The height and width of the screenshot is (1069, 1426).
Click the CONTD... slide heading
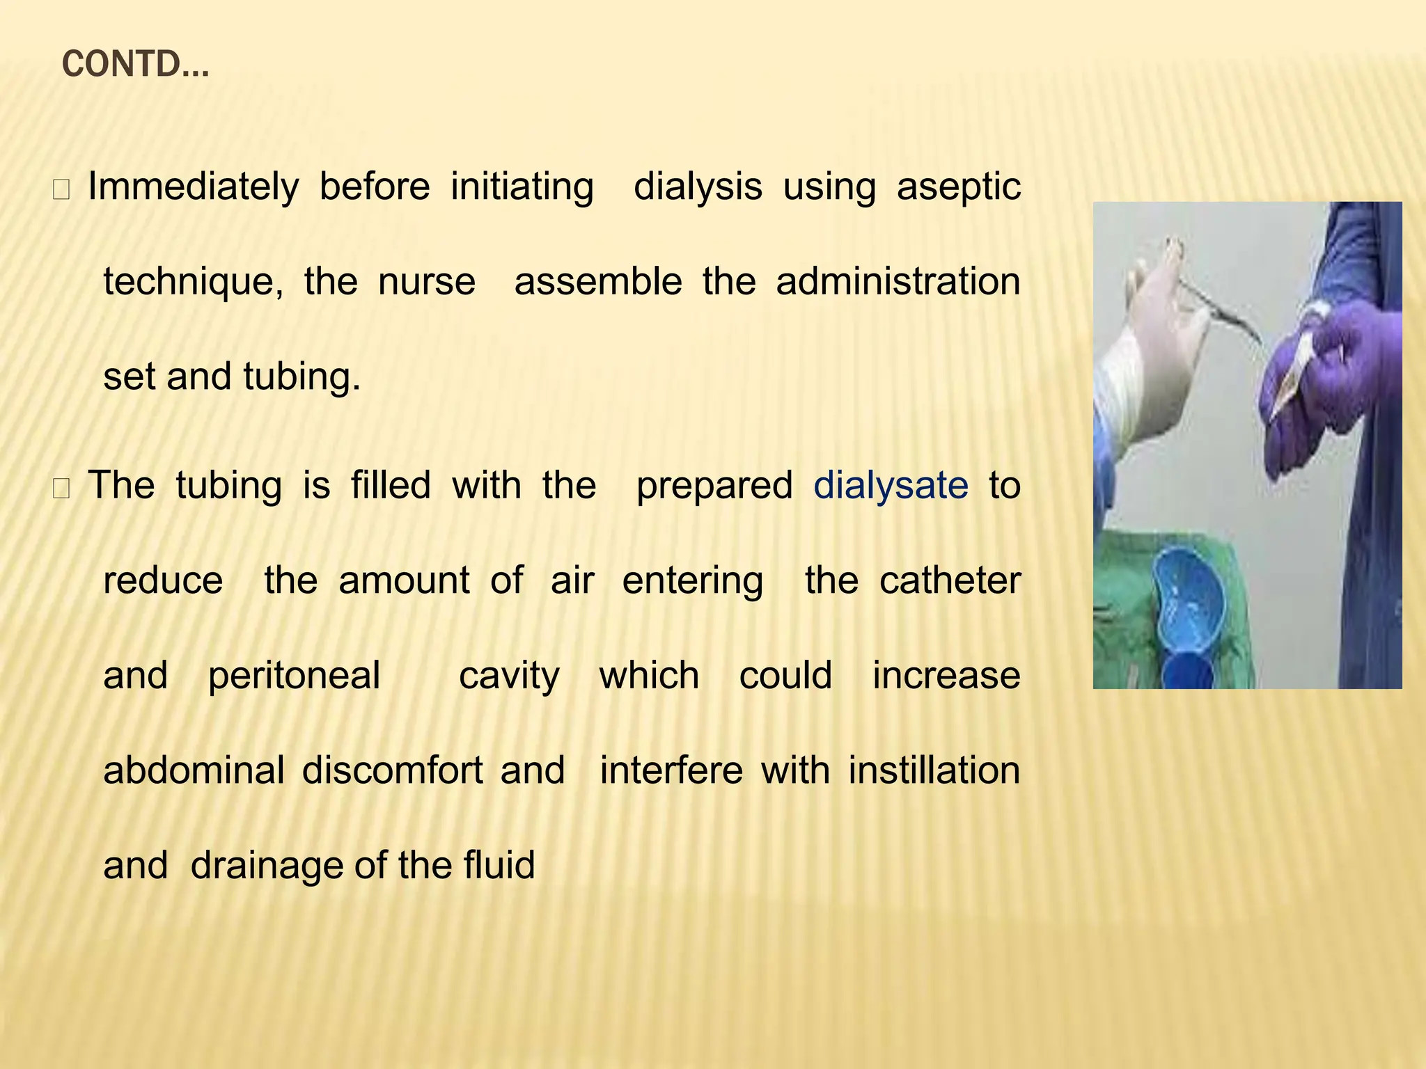click(135, 65)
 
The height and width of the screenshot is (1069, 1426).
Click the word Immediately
click(193, 187)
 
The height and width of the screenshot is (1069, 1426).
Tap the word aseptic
click(958, 187)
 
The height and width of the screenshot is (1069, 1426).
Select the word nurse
click(426, 282)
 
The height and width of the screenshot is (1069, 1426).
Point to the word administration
click(898, 282)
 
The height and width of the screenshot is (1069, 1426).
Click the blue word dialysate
click(891, 485)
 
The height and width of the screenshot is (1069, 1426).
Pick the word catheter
click(950, 580)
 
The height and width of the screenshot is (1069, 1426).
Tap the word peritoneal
click(294, 676)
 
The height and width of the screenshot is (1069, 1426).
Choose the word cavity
click(509, 676)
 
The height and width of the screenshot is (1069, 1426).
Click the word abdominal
click(194, 771)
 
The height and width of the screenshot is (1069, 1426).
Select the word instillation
click(934, 771)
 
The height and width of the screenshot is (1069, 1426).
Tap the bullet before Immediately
click(61, 191)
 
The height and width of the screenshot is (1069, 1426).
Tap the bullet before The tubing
click(61, 489)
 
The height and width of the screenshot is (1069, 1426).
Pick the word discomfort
click(392, 771)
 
